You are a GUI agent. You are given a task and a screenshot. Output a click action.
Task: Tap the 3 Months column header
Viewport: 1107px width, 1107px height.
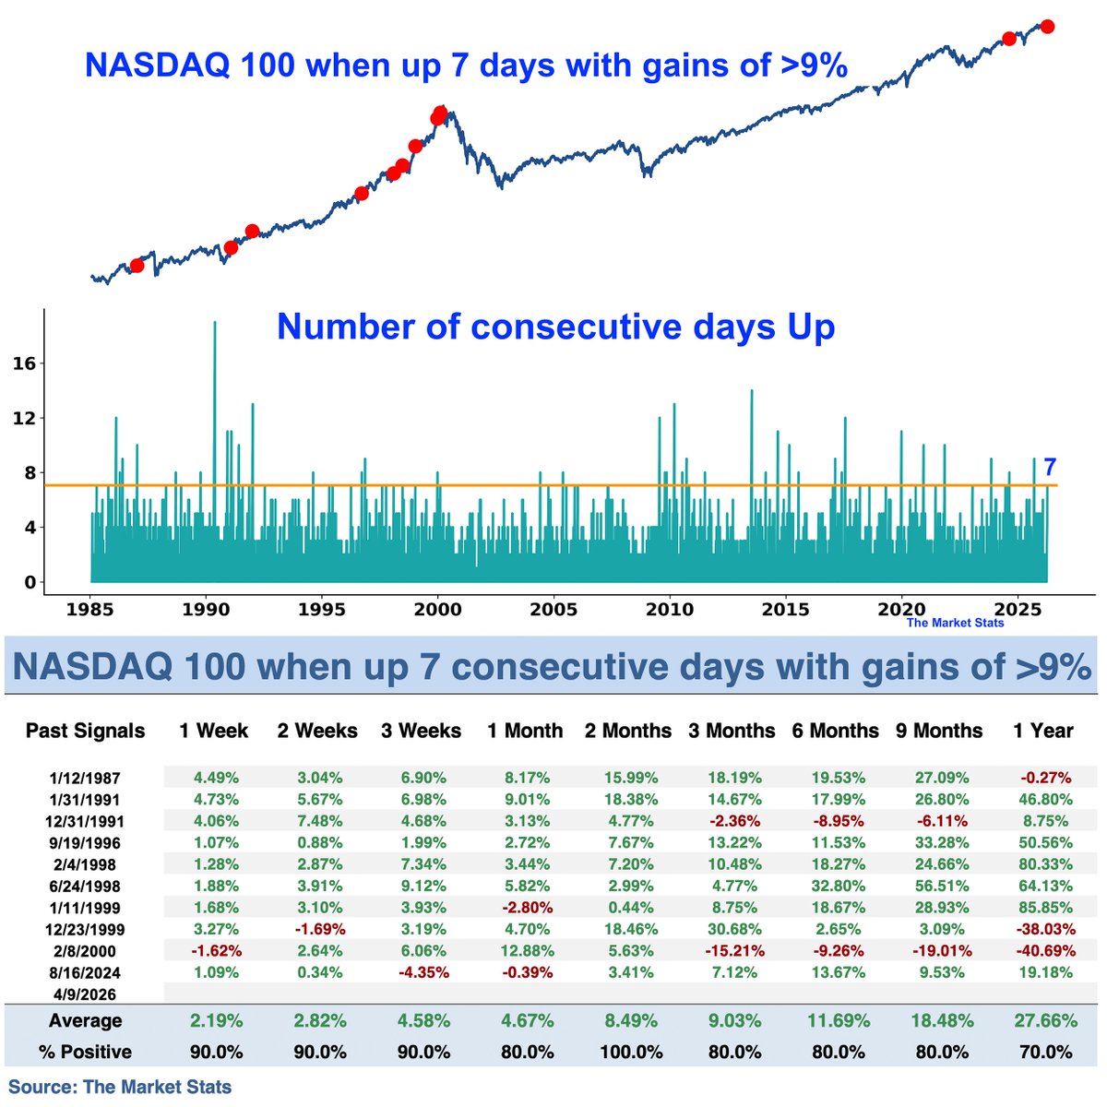(732, 731)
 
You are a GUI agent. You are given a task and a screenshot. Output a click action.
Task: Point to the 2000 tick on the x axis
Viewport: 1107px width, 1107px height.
(437, 610)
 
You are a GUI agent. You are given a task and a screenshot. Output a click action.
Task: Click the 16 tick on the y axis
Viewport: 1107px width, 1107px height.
(25, 363)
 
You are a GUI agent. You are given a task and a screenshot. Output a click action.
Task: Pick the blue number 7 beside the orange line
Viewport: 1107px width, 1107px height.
(1049, 467)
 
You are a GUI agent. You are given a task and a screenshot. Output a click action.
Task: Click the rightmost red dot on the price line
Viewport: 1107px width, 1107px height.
(1047, 27)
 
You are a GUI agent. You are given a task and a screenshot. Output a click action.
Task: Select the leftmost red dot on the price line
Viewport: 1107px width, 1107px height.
(137, 266)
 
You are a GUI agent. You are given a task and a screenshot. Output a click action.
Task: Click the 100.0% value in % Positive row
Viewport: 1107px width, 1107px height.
(627, 1052)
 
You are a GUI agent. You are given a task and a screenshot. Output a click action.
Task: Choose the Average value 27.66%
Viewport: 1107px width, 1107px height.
(1043, 1020)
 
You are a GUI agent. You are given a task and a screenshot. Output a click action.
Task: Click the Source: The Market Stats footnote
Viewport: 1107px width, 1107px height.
(120, 1087)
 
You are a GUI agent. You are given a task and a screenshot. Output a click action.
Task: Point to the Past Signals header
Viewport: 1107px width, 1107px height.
(85, 731)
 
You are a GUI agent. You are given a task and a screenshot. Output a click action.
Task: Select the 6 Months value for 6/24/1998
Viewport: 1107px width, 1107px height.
(835, 887)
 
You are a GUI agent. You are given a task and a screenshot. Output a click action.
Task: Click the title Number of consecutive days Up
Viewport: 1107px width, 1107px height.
(555, 327)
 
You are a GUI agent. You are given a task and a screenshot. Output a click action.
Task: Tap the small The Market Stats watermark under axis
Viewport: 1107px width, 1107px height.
(955, 623)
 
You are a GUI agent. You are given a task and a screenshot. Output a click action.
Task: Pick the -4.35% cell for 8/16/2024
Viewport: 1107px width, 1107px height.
(421, 972)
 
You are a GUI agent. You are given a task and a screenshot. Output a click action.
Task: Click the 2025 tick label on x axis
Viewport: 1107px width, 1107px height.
(1018, 610)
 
